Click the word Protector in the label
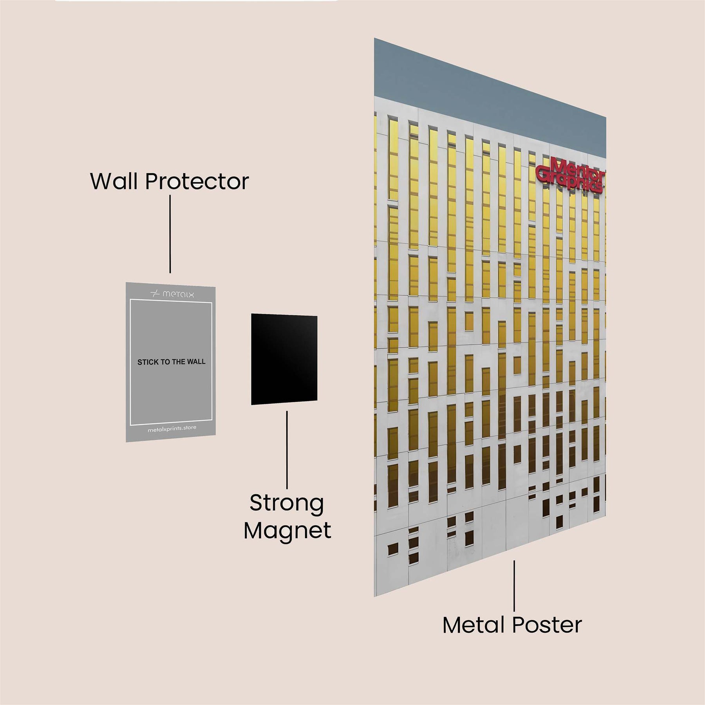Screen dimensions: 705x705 197,181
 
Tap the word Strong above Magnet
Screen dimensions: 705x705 287,503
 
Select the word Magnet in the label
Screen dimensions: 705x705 287,531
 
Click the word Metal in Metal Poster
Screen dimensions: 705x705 473,625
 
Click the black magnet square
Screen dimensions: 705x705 284,359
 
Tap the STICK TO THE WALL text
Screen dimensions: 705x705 171,362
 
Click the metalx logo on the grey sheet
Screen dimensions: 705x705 172,294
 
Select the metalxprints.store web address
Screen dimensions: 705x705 172,429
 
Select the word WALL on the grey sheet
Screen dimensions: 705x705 196,362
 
